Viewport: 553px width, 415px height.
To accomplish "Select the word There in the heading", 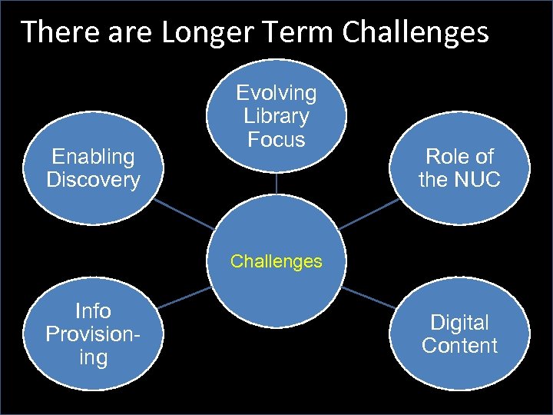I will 51,32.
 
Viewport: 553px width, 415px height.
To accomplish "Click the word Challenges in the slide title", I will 416,32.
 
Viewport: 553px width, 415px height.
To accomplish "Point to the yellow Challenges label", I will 276,261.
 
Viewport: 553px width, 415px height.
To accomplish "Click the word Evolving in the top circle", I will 276,93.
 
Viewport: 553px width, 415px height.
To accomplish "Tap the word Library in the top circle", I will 276,116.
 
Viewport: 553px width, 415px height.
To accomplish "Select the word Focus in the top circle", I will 276,140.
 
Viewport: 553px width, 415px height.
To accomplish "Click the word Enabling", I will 93,157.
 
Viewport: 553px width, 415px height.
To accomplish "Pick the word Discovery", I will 93,180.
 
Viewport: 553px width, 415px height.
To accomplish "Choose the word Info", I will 93,311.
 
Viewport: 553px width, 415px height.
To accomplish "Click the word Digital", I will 459,322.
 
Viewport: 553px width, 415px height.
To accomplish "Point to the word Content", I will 459,346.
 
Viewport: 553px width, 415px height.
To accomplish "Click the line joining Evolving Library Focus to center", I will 276,183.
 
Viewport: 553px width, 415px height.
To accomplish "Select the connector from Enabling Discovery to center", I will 183,214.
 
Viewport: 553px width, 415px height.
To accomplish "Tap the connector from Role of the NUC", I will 370,213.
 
